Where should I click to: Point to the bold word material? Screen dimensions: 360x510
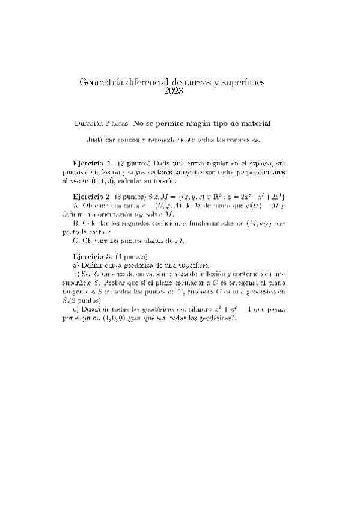[254, 123]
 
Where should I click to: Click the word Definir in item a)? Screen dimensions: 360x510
[92, 263]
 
